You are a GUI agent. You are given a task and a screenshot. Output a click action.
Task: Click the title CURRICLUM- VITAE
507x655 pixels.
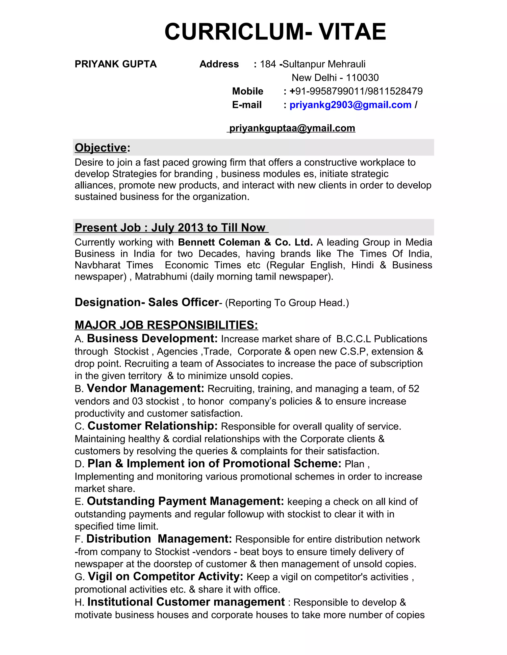[x=275, y=32]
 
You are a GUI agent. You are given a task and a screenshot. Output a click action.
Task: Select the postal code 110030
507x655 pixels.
[x=362, y=78]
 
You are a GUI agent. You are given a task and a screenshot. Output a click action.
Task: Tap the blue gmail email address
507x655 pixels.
[x=350, y=105]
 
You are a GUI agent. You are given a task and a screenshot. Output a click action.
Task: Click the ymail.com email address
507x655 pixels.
[x=292, y=128]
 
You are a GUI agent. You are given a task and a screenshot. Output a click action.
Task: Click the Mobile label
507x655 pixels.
[x=248, y=91]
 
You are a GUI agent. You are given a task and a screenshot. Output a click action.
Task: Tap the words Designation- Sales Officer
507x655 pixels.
[x=147, y=302]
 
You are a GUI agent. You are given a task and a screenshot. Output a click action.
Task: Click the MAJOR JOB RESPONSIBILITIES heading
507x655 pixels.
[x=166, y=325]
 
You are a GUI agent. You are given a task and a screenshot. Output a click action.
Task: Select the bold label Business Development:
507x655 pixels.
[x=152, y=339]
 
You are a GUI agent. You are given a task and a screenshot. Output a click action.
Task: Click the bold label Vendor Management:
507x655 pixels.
[x=145, y=388]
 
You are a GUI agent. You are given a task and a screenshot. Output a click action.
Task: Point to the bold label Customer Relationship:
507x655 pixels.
[x=152, y=426]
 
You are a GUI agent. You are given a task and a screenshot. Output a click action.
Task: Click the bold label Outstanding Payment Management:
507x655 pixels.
[x=185, y=501]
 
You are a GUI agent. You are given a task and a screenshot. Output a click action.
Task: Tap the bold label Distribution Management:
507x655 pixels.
[x=159, y=539]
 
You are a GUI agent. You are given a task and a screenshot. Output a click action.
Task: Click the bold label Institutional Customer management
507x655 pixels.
[x=186, y=602]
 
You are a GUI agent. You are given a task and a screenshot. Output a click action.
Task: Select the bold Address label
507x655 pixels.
[x=219, y=64]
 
